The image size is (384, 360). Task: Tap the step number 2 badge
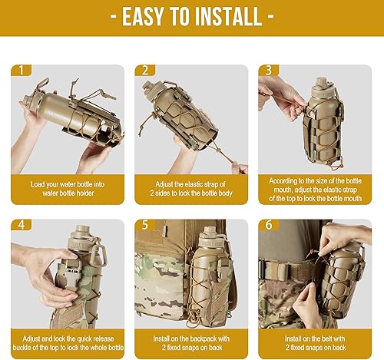click(146, 71)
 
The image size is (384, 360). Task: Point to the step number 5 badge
click(146, 226)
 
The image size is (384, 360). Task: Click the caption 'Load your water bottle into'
click(68, 185)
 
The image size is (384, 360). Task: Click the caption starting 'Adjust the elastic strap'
click(191, 185)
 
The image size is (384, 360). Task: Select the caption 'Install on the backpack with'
click(191, 339)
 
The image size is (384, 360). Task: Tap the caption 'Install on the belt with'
click(315, 339)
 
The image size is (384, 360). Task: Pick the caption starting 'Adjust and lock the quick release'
click(68, 339)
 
